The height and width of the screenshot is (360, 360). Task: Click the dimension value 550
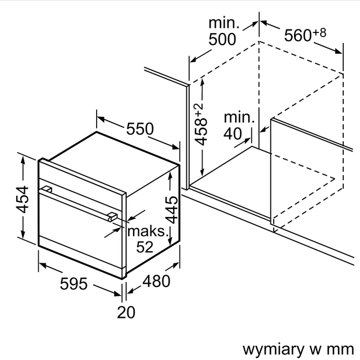(x=141, y=129)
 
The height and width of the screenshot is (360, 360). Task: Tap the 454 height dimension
(x=21, y=200)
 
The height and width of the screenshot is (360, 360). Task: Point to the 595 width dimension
(x=74, y=284)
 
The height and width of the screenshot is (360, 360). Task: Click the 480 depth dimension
(x=156, y=281)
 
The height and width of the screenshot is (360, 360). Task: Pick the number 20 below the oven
(x=126, y=313)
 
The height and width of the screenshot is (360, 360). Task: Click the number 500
(x=222, y=39)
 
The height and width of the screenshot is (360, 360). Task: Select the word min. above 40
(x=239, y=118)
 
